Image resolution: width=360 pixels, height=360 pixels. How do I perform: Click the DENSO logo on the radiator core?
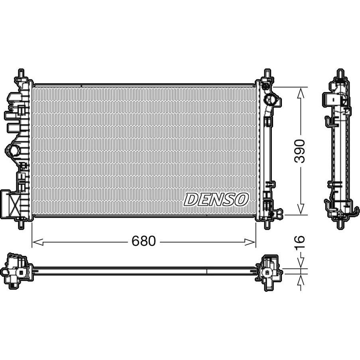(216, 199)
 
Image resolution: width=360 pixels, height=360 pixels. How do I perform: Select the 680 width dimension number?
(144, 241)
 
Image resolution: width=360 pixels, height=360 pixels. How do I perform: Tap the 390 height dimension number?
(300, 151)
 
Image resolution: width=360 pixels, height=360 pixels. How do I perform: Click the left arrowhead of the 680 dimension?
(37, 242)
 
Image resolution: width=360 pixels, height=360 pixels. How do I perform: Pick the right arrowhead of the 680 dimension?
(250, 242)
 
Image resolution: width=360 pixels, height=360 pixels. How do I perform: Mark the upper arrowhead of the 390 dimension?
(301, 93)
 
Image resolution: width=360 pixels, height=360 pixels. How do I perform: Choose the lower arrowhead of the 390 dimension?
(301, 209)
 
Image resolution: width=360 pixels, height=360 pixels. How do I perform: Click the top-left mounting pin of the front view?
(21, 73)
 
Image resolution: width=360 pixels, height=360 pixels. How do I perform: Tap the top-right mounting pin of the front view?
(267, 73)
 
